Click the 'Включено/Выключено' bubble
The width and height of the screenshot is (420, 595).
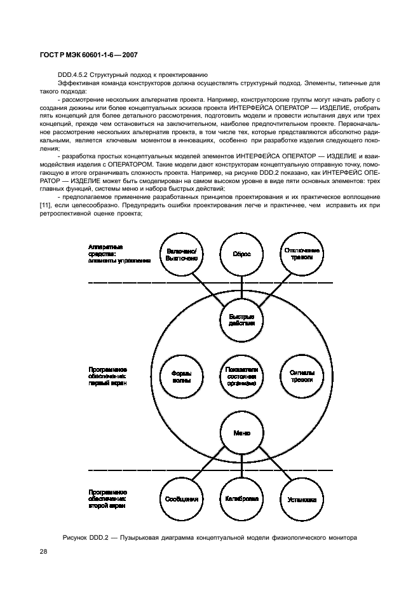pyautogui.click(x=182, y=254)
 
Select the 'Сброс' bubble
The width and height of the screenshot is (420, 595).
pyautogui.click(x=242, y=254)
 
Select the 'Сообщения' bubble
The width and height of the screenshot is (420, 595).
pyautogui.click(x=182, y=499)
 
